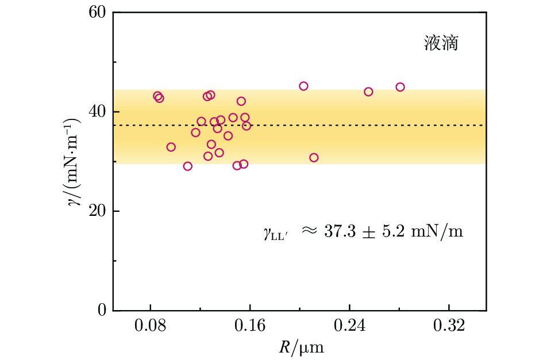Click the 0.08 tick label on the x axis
coord(150,327)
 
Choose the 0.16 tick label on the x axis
coord(249,327)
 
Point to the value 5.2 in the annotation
coord(399,232)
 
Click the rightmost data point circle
coord(400,87)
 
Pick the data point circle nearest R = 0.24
coord(368,91)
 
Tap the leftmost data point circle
coord(157,96)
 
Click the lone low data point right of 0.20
coord(314,157)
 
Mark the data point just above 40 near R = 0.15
coord(241,101)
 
